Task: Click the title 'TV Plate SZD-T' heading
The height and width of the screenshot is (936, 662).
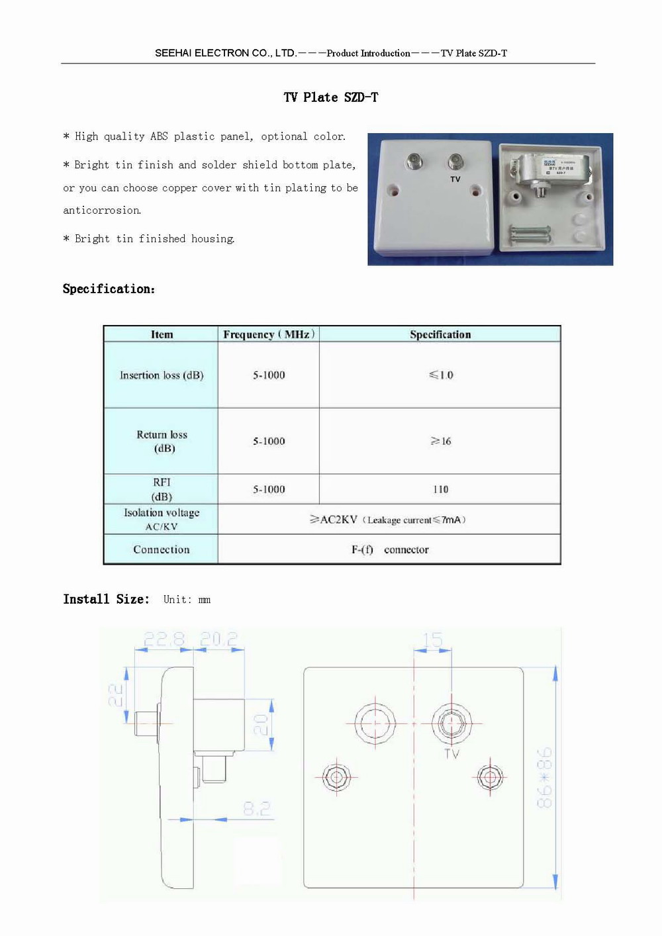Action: point(331,97)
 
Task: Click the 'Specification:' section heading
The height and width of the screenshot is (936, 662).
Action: point(109,289)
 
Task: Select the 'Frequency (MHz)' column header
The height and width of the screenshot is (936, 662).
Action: point(268,334)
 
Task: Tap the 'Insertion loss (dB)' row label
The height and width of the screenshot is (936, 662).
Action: point(162,375)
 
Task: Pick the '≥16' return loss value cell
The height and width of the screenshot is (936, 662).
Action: point(441,441)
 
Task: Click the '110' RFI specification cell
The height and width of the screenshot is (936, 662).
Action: point(441,489)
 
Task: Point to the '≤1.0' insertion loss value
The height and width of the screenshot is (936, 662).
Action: point(441,375)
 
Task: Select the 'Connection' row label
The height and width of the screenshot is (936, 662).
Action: point(162,549)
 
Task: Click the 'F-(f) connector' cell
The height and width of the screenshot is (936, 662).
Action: point(390,549)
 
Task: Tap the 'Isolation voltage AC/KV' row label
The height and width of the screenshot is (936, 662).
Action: point(162,519)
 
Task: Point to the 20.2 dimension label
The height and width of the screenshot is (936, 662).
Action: point(218,639)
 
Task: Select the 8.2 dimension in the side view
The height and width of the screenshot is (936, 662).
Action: point(257,808)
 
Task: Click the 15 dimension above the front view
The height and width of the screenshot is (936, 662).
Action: point(432,639)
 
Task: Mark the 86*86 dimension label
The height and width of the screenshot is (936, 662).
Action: point(544,778)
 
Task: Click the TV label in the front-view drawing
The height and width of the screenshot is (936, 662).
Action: point(451,753)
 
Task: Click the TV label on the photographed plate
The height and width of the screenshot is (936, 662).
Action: point(455,179)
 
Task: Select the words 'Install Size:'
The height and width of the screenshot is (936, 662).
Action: point(106,599)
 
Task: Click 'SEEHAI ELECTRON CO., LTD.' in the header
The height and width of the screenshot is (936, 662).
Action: point(225,53)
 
